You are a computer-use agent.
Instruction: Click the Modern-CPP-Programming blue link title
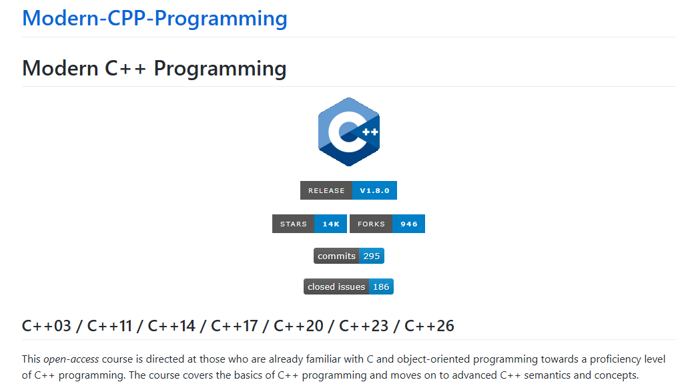[x=154, y=19]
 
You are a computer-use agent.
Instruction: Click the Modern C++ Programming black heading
[x=154, y=69]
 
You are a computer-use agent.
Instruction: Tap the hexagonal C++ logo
[x=348, y=132]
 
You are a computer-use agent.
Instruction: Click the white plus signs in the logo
[x=370, y=132]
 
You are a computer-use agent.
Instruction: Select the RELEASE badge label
[x=326, y=190]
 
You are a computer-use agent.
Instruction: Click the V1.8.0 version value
[x=375, y=190]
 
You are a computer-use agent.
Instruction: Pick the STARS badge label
[x=294, y=224]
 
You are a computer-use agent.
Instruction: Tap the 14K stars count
[x=331, y=224]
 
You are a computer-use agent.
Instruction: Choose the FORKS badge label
[x=371, y=224]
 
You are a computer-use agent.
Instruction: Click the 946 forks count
[x=409, y=224]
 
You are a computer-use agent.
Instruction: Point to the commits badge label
[x=336, y=256]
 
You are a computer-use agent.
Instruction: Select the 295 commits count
[x=372, y=256]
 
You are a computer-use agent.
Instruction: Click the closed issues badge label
[x=336, y=287]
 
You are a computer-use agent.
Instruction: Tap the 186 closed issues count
[x=381, y=287]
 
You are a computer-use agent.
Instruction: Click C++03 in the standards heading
[x=46, y=327]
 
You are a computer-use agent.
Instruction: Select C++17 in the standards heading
[x=234, y=327]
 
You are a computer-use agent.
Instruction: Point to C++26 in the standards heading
[x=429, y=327]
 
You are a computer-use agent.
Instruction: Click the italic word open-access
[x=71, y=359]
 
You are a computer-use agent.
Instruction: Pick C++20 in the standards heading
[x=298, y=327]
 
